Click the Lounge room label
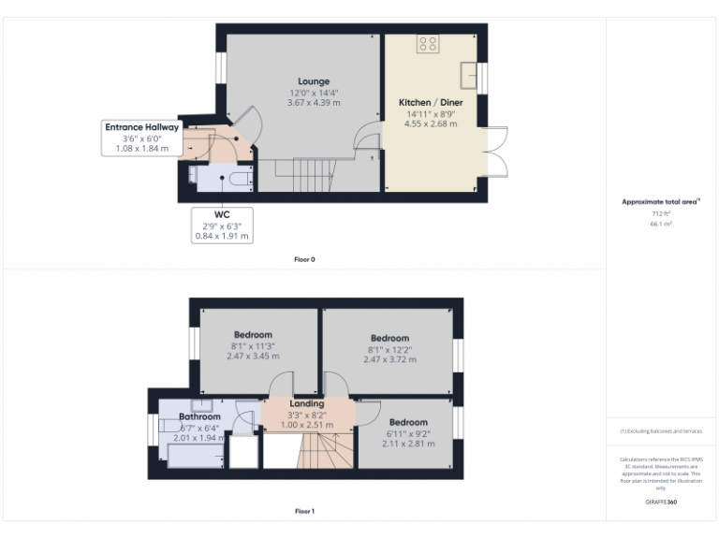[314, 81]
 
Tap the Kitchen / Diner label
[430, 101]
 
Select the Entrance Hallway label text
[141, 127]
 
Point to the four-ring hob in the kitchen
[429, 44]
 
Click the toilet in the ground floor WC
[238, 177]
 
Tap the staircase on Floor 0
[300, 174]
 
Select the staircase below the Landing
[322, 455]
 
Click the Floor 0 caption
[304, 259]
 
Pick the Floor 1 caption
[304, 512]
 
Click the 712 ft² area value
[662, 214]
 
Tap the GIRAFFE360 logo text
[662, 503]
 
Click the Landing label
[307, 403]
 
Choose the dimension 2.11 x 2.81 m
[407, 445]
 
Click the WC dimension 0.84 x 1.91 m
[222, 237]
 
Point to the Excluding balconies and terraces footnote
[662, 430]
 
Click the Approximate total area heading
[661, 201]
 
